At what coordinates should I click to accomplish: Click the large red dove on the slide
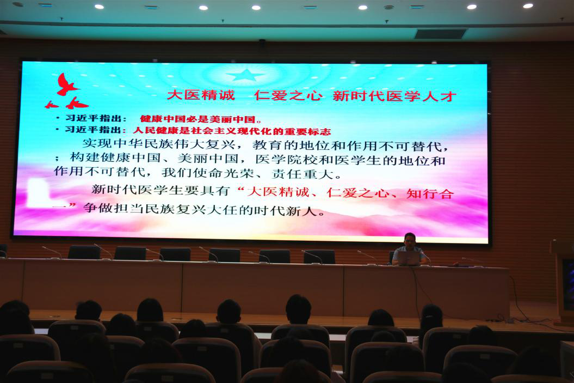[x=66, y=84]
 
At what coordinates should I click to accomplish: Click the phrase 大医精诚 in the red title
[x=201, y=95]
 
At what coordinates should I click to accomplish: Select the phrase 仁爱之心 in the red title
[x=288, y=95]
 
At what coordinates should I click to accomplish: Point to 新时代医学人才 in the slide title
[x=394, y=96]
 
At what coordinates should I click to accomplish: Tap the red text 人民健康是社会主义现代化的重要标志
[x=232, y=131]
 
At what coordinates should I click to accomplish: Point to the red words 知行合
[x=430, y=193]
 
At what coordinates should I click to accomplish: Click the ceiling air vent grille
[x=440, y=34]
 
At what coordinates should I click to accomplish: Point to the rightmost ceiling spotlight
[x=528, y=6]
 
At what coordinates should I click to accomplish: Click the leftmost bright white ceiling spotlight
[x=99, y=7]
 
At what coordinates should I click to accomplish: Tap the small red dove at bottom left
[x=51, y=105]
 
